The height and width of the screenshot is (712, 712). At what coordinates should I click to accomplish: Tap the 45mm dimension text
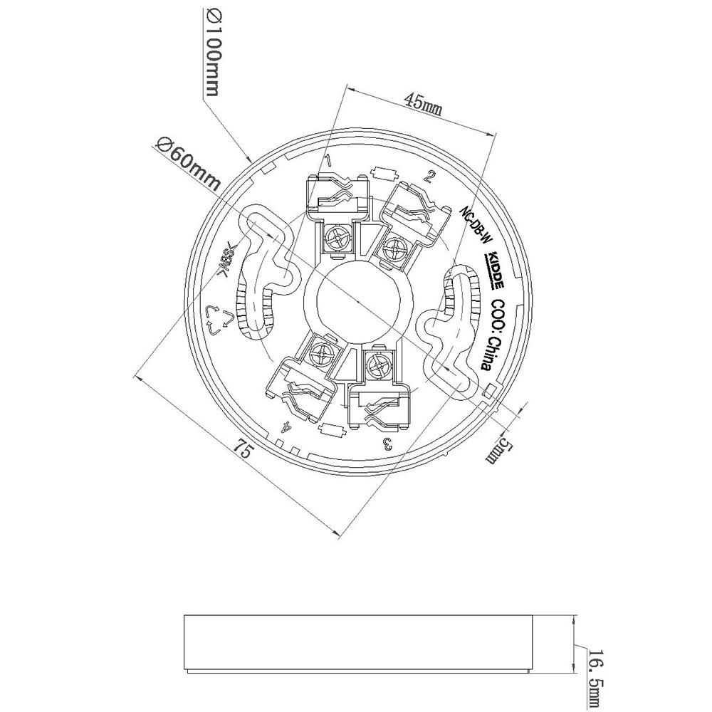[423, 102]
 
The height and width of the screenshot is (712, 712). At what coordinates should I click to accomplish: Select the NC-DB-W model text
[475, 226]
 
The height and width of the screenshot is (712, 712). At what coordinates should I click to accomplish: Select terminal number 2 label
[429, 177]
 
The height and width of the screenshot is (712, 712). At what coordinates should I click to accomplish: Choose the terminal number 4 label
[286, 428]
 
